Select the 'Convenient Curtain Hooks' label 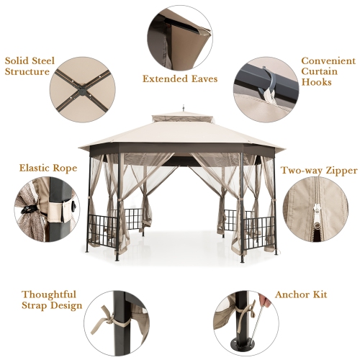click(327, 71)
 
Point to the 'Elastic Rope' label click(47, 168)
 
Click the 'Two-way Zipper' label click(319, 171)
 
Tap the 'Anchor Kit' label click(300, 295)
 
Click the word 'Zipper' click(338, 171)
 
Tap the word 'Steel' click(41, 60)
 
